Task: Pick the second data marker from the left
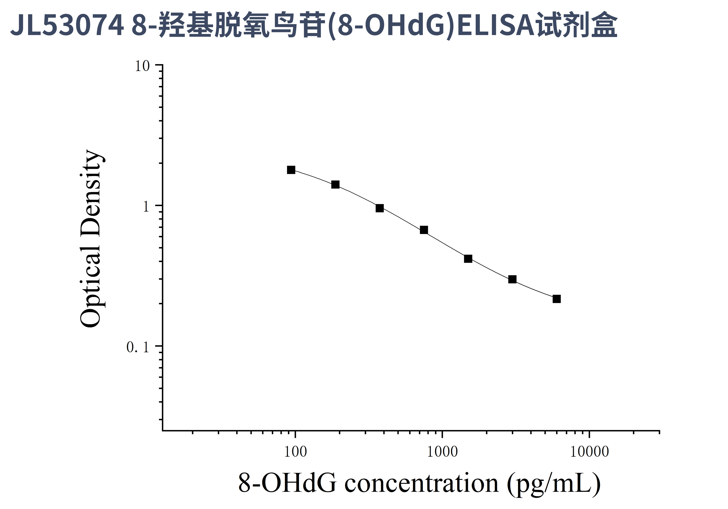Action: pos(335,185)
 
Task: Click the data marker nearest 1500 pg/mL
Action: pos(468,259)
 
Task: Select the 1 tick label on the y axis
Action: pos(146,207)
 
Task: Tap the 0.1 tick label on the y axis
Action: pos(138,347)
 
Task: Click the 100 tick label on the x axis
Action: pos(296,452)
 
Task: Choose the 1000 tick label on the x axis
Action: pos(442,452)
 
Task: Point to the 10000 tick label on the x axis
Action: pos(589,452)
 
